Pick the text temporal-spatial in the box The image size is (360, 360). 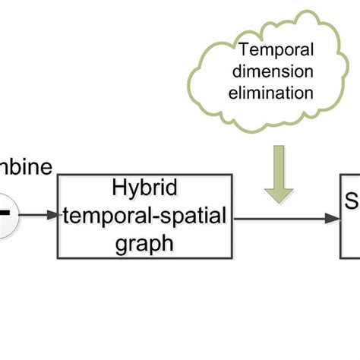click(144, 216)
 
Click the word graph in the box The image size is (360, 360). click(144, 244)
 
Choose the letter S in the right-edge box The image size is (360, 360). click(352, 203)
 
